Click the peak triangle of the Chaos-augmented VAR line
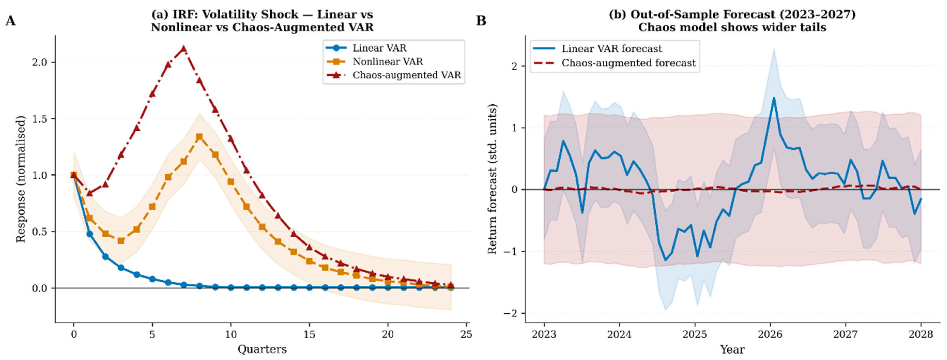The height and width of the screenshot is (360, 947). [184, 49]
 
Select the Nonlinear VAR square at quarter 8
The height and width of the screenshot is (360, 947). [199, 137]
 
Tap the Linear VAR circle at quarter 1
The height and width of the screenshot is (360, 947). [89, 234]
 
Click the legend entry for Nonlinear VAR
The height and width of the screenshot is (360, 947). [388, 62]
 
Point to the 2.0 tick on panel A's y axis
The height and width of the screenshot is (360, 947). [40, 62]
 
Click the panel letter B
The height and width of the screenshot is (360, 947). [481, 21]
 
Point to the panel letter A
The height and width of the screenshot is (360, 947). [10, 21]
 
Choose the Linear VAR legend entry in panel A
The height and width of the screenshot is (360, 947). [379, 48]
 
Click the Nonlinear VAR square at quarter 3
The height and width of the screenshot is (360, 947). [121, 241]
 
